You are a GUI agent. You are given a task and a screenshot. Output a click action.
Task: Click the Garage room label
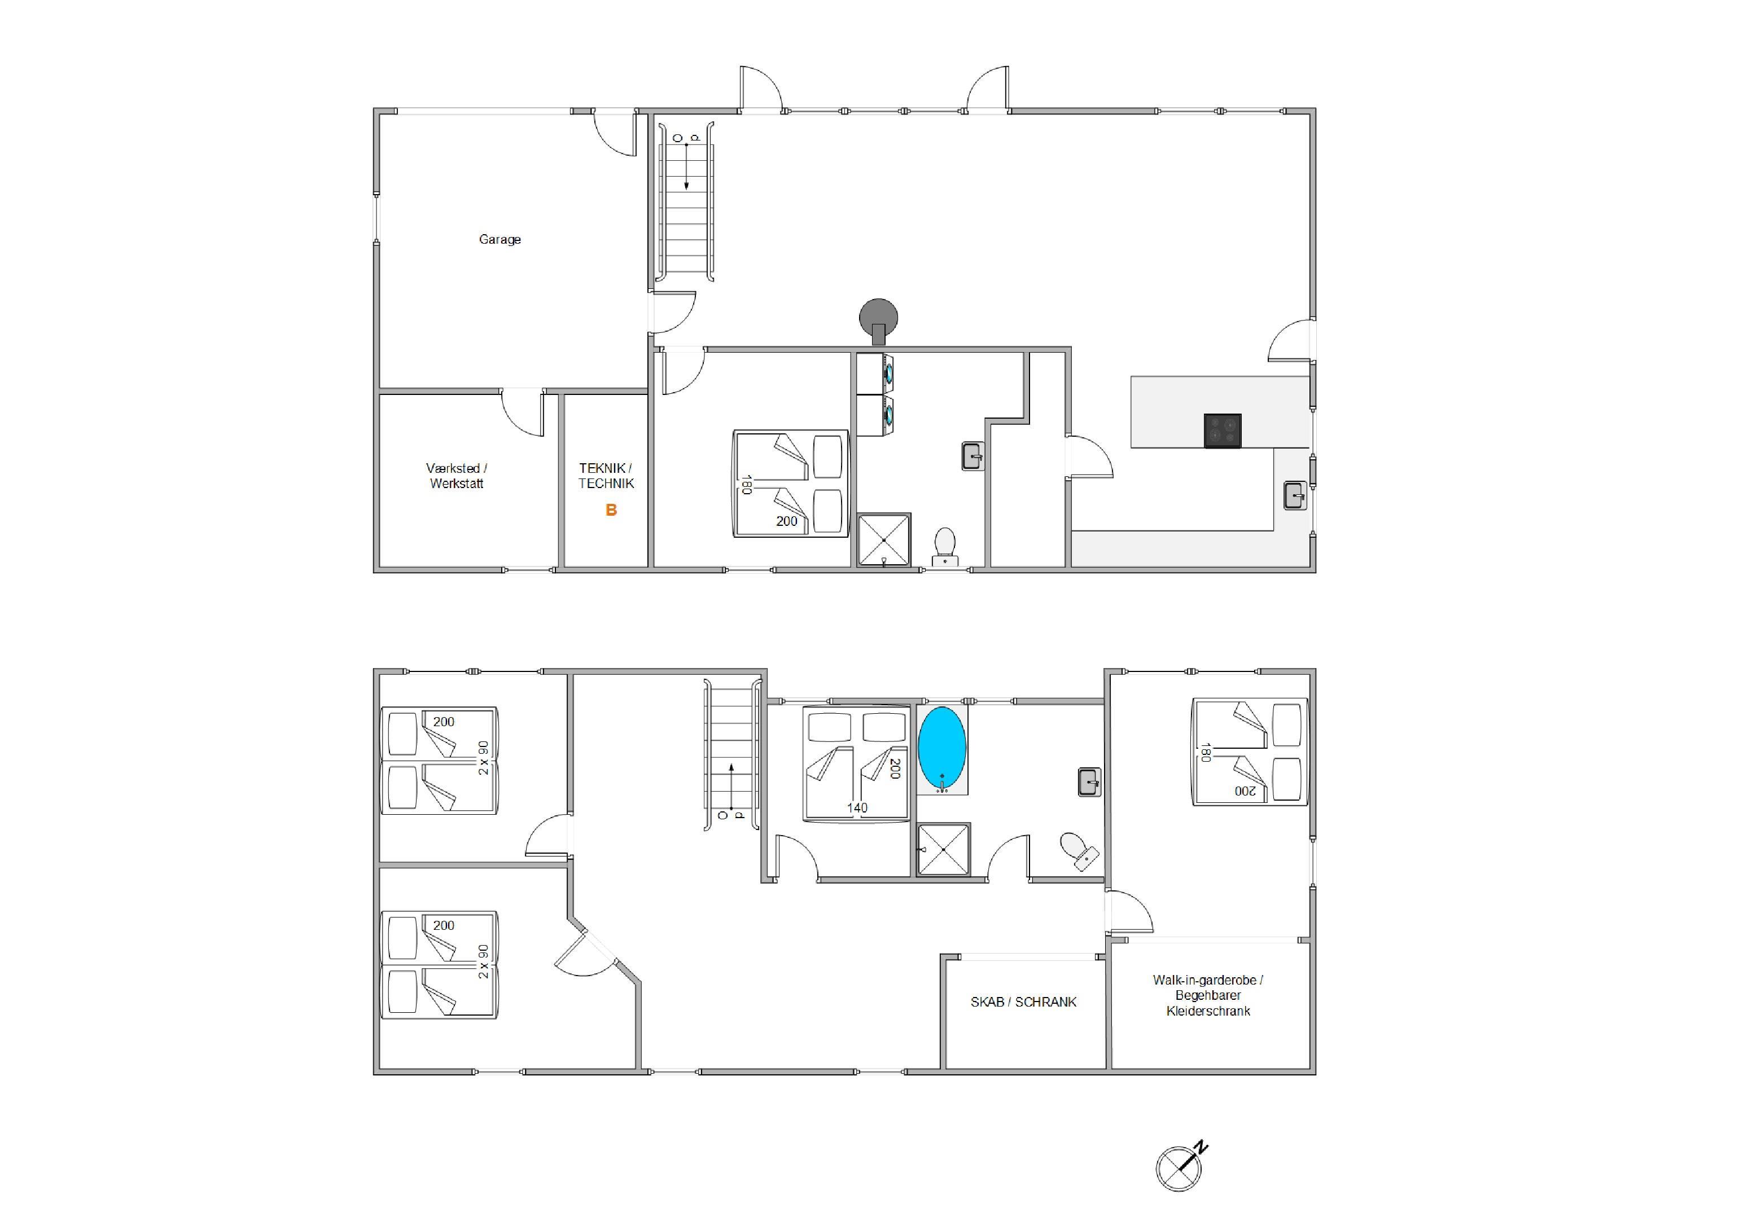(x=500, y=239)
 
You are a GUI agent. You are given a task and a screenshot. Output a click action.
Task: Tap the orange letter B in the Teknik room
(x=611, y=510)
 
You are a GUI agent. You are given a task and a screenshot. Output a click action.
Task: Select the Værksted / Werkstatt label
(x=457, y=475)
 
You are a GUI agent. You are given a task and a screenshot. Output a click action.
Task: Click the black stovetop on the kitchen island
(x=1222, y=431)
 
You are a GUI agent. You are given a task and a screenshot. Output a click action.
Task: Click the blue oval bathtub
(x=941, y=748)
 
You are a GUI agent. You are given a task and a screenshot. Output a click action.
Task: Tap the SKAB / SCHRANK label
(x=1023, y=1002)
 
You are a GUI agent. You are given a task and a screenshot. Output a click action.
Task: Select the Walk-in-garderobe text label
(x=1208, y=995)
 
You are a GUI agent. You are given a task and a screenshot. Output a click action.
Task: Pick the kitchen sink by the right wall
(x=1295, y=495)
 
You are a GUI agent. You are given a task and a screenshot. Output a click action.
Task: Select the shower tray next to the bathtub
(x=944, y=849)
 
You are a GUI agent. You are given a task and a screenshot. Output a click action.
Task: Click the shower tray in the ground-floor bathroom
(x=884, y=540)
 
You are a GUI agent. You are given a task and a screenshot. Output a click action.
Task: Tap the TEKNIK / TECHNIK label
(x=606, y=475)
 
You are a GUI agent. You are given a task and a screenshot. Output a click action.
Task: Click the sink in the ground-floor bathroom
(x=973, y=456)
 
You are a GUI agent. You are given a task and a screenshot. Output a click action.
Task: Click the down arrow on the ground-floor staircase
(x=686, y=166)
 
